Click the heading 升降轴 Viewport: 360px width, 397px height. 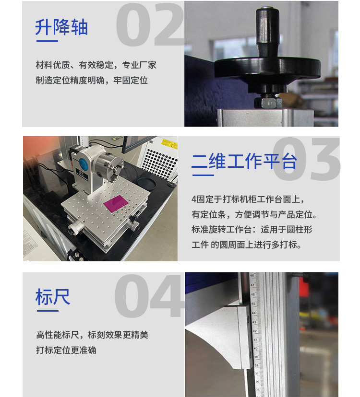tap(61, 27)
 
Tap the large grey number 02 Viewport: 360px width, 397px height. tap(150, 25)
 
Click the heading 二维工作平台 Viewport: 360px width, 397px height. tap(244, 161)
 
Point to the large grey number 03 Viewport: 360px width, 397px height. tap(306, 159)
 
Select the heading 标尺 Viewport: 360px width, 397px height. tap(53, 297)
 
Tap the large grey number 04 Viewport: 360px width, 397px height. tap(149, 296)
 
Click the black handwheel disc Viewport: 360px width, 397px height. tap(267, 69)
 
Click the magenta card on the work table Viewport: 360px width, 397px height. tap(116, 203)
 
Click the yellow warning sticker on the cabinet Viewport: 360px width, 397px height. tap(169, 144)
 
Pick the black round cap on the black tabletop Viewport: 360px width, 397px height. tap(146, 183)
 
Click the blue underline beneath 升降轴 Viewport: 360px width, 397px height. tap(47, 41)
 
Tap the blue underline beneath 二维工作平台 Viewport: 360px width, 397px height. tap(203, 175)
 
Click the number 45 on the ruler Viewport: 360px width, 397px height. tap(253, 304)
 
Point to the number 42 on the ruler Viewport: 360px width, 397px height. tap(255, 331)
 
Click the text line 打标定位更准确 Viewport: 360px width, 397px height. tap(66, 350)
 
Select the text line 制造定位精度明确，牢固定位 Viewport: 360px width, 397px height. tap(92, 81)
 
